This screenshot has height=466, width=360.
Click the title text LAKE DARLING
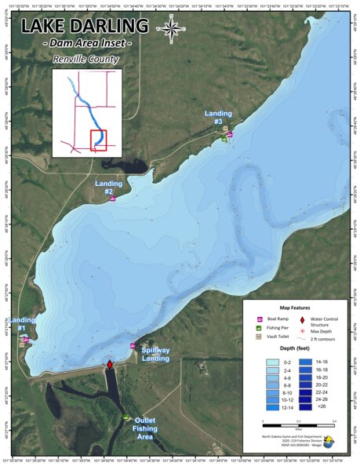click(84, 26)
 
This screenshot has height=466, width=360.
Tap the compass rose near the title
click(167, 29)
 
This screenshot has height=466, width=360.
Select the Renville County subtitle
click(86, 59)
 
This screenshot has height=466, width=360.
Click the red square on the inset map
click(98, 140)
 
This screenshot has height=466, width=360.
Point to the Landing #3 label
click(219, 118)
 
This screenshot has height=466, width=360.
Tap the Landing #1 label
click(21, 324)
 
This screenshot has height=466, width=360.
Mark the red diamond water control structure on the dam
click(110, 366)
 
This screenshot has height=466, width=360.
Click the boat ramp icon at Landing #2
click(113, 198)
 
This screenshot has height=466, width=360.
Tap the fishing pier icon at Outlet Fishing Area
click(126, 417)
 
